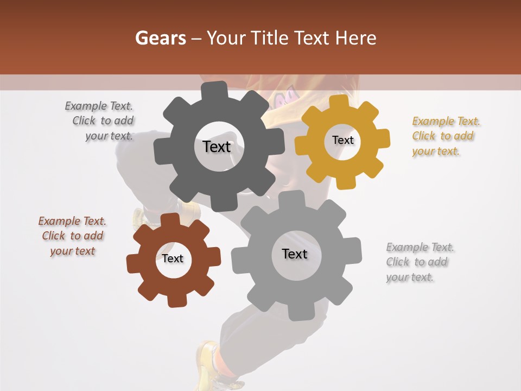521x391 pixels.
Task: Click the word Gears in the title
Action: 160,38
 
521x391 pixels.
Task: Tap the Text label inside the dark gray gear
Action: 217,147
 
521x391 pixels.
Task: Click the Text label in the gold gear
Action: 342,140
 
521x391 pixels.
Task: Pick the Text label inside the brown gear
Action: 173,258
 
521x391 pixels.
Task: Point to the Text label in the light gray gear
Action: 295,254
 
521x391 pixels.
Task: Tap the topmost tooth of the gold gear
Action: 339,102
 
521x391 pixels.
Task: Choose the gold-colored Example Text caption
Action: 446,136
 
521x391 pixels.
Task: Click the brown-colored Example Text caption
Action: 72,236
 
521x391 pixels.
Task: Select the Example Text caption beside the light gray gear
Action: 420,262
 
